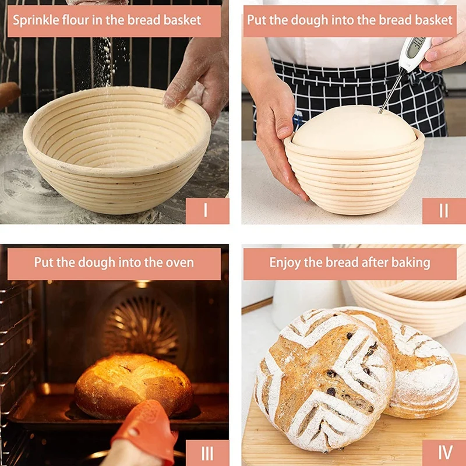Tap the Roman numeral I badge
click(x=207, y=210)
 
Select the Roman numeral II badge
click(x=443, y=210)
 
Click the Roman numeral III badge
click(x=207, y=453)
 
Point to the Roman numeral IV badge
click(x=443, y=453)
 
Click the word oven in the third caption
click(x=178, y=263)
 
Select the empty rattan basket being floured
click(x=116, y=151)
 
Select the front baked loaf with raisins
click(x=323, y=379)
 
